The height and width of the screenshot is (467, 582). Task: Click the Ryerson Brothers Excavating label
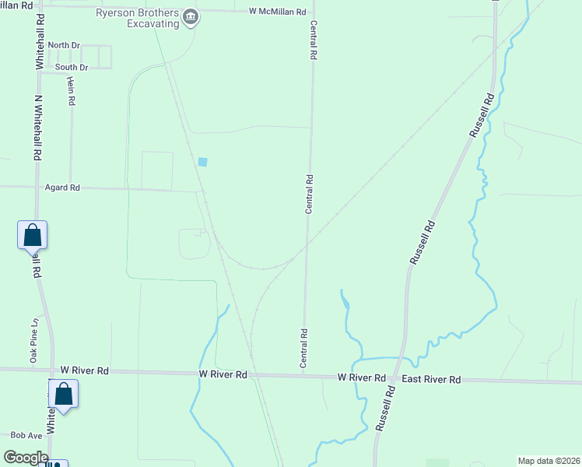tap(138, 18)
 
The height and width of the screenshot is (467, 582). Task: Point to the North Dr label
tap(64, 45)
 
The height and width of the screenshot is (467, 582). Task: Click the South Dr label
tap(71, 68)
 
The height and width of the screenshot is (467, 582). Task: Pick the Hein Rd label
tap(71, 91)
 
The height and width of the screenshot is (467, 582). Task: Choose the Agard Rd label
tap(63, 188)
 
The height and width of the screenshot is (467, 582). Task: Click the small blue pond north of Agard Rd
tap(203, 162)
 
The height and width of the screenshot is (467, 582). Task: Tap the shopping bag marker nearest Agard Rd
tap(32, 234)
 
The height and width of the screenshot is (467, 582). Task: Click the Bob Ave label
tap(26, 436)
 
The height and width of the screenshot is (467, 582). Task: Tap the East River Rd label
tap(431, 379)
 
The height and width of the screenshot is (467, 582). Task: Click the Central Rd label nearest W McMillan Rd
tap(314, 40)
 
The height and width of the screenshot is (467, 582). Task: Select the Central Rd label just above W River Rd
tap(303, 347)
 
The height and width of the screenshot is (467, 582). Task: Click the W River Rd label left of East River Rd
tap(362, 377)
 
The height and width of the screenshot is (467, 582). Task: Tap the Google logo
tap(26, 458)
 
